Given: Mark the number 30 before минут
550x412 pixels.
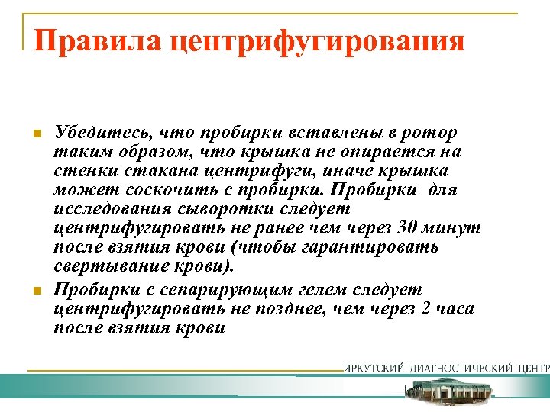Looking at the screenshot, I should coord(410,227).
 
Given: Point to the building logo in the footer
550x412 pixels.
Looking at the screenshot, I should coord(448,391).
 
